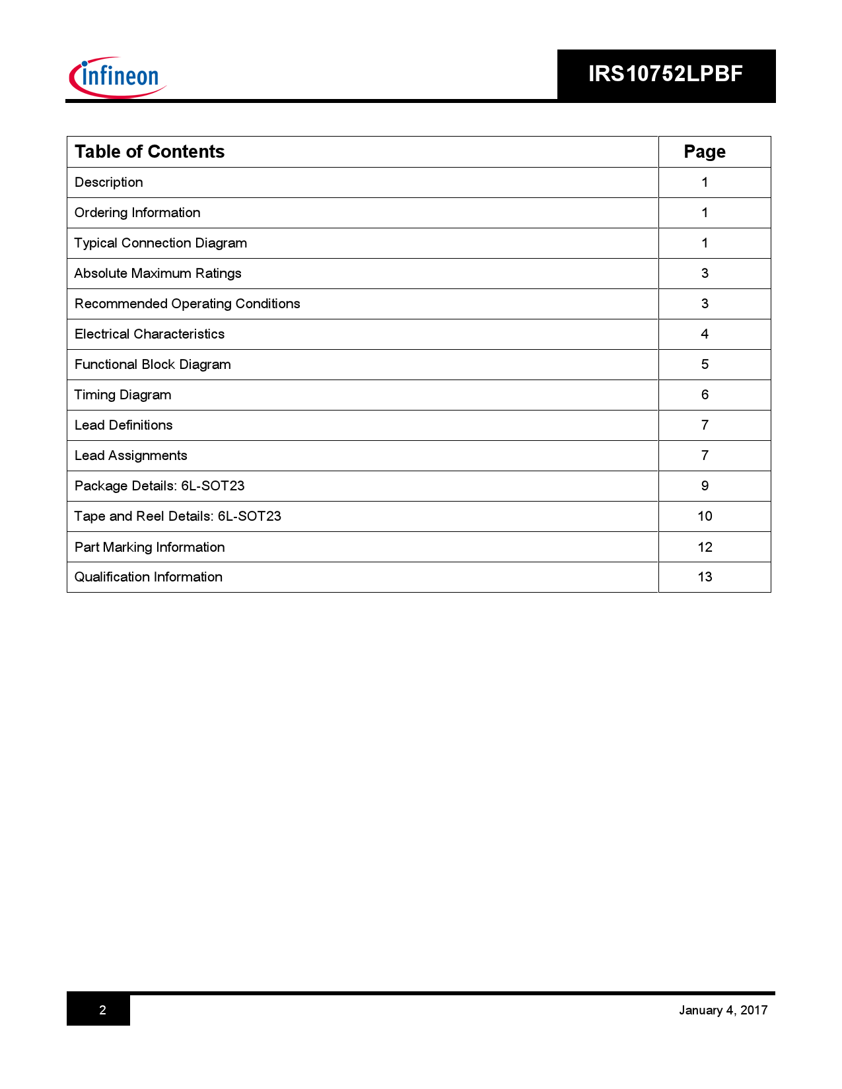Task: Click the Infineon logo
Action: coord(118,77)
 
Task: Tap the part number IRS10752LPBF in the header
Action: coord(665,74)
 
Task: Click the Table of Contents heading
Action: coord(149,152)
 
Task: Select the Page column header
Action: coord(704,152)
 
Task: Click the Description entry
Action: coord(109,182)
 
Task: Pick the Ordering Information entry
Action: coord(137,213)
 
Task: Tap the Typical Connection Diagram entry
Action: coord(160,243)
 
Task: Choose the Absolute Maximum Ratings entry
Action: coord(158,273)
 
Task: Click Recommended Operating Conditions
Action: coord(187,304)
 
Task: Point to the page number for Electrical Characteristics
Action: coord(705,334)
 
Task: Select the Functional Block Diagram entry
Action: coord(153,364)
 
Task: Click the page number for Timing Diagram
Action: coord(705,395)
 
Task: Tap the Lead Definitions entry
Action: coord(123,425)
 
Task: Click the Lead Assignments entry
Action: coord(131,455)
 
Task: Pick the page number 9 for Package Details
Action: coord(705,486)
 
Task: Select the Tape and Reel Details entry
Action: coord(178,516)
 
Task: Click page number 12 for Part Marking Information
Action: coord(705,547)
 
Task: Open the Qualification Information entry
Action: coord(149,577)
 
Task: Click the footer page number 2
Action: coord(102,1010)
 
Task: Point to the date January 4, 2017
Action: coord(723,1010)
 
